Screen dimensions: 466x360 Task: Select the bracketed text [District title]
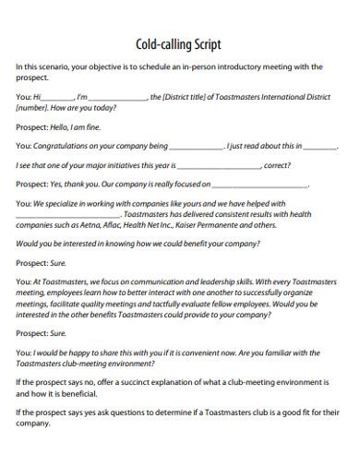(x=188, y=95)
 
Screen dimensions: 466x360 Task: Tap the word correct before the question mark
(x=276, y=164)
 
